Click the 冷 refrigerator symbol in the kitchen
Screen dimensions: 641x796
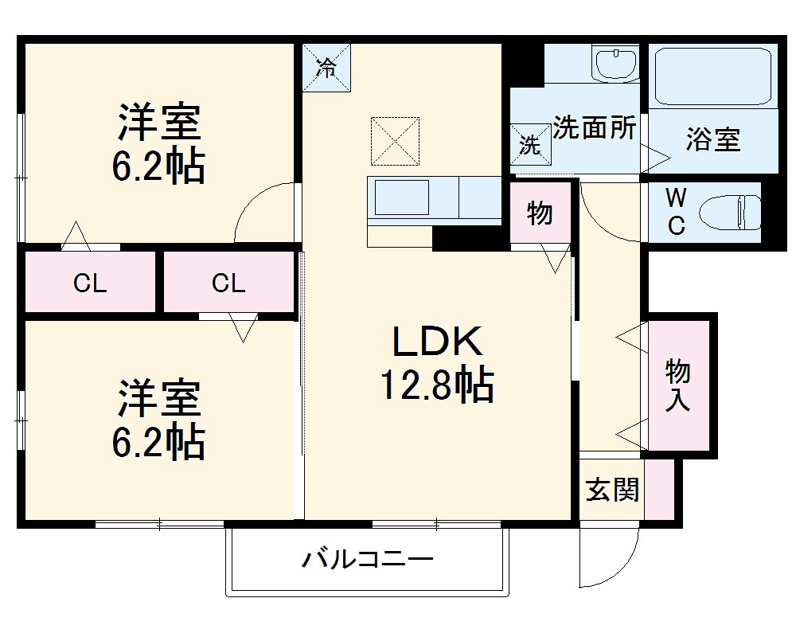coord(326,68)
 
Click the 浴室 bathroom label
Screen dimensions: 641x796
coord(712,140)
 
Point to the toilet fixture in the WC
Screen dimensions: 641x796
coord(729,213)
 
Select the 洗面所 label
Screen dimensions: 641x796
coord(595,127)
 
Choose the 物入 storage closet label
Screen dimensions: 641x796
coord(677,385)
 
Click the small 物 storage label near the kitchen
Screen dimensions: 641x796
coord(540,213)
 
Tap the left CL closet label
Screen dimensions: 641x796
coord(90,283)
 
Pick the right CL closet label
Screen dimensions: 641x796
coord(228,283)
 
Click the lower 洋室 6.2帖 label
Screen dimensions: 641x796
coord(159,420)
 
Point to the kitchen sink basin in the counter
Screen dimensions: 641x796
coord(402,197)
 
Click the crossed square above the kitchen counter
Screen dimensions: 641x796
coord(395,141)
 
